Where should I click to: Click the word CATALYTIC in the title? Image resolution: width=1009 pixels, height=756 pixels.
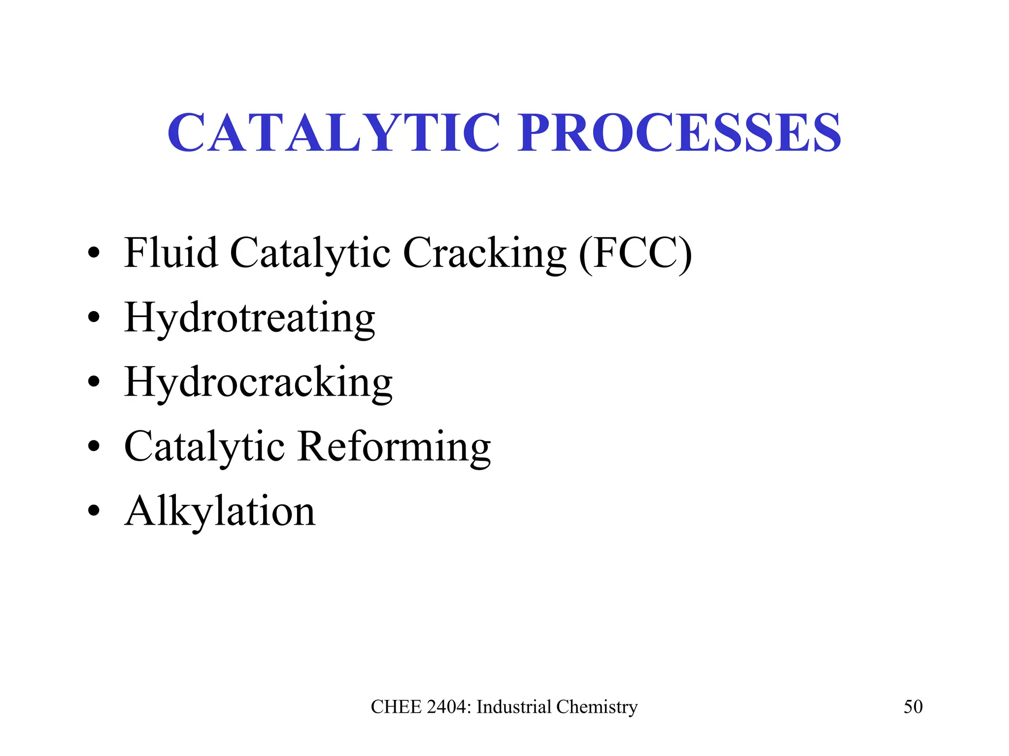(x=335, y=132)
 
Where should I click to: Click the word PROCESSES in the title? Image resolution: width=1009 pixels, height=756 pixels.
(x=679, y=132)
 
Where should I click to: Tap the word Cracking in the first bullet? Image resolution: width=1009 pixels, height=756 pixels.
(x=485, y=253)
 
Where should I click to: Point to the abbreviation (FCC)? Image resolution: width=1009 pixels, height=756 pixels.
(x=636, y=253)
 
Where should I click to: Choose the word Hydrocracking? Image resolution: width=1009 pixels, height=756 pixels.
(x=259, y=383)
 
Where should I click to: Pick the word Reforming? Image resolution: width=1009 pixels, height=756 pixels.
(x=394, y=447)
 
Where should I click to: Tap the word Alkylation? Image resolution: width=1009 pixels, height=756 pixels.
(x=220, y=511)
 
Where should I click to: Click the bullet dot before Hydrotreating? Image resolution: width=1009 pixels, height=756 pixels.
(x=93, y=318)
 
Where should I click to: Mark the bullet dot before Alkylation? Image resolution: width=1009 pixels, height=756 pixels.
(x=93, y=511)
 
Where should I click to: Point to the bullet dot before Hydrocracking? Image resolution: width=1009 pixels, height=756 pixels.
(x=93, y=382)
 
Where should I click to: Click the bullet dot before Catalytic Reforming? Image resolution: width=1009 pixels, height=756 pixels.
(x=93, y=446)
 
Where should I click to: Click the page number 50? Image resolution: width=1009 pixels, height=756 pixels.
(x=913, y=707)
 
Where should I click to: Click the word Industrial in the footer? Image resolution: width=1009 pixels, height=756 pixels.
(x=514, y=707)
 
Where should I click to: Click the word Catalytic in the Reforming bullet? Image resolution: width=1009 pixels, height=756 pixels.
(x=204, y=447)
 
